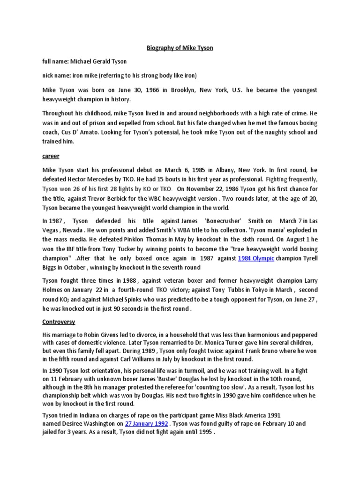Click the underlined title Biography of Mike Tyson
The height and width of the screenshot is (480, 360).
pyautogui.click(x=180, y=48)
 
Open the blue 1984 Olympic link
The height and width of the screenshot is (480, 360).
pyautogui.click(x=256, y=258)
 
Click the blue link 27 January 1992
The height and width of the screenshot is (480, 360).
pyautogui.click(x=146, y=423)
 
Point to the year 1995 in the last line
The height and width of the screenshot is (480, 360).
pyautogui.click(x=204, y=432)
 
